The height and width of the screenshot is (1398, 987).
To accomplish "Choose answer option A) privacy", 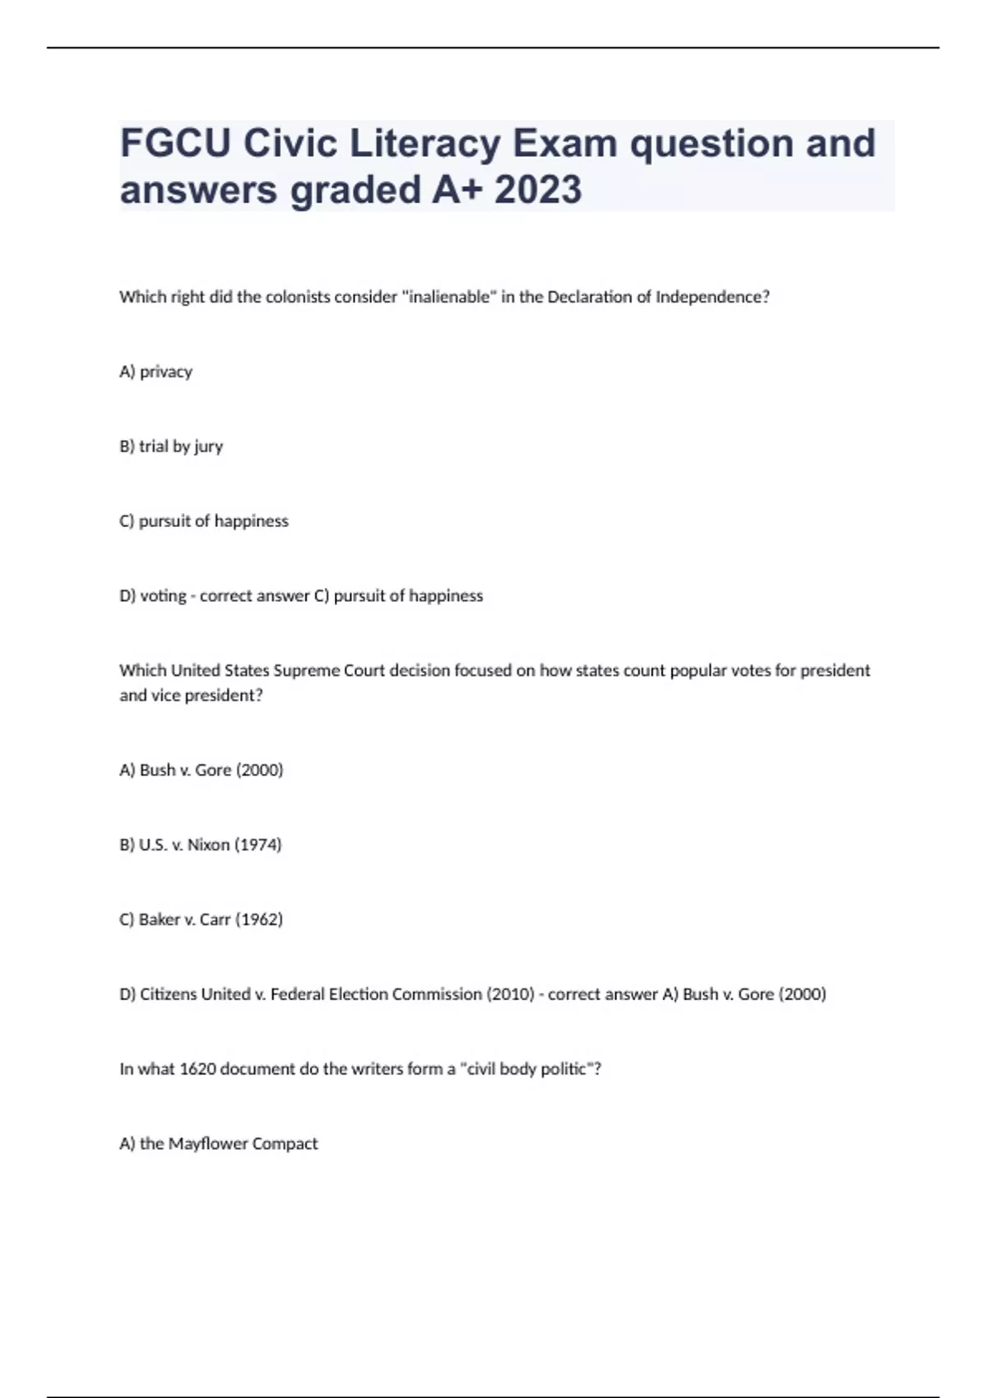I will (x=155, y=372).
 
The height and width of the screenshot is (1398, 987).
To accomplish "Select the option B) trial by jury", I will (x=171, y=447).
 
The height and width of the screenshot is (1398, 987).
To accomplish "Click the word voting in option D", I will (x=163, y=596).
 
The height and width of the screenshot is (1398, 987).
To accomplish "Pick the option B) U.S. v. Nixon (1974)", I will (x=201, y=845).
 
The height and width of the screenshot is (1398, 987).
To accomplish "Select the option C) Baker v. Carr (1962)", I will (x=201, y=919).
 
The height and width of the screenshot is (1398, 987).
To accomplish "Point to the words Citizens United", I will (x=195, y=994).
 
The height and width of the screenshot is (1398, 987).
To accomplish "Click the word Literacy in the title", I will (x=425, y=144).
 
